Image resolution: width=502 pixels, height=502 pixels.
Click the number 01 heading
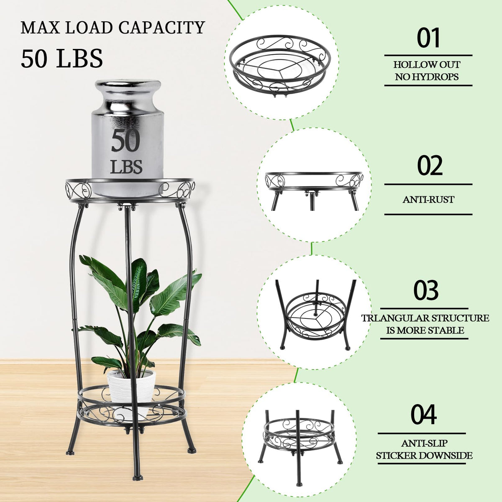[428, 38]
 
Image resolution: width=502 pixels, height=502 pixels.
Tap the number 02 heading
[430, 165]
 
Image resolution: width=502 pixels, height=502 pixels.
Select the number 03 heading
[426, 290]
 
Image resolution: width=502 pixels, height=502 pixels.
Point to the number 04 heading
[424, 415]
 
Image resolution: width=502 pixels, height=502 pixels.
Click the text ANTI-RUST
[428, 200]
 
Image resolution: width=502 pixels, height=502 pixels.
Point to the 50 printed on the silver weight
[126, 141]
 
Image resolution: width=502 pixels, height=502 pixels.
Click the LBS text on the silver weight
[126, 167]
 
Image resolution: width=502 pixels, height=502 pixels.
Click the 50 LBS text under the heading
[62, 59]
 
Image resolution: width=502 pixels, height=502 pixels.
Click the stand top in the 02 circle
[314, 181]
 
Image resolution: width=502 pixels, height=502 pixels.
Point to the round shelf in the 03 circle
[315, 317]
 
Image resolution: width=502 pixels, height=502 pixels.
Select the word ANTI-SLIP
[424, 443]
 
